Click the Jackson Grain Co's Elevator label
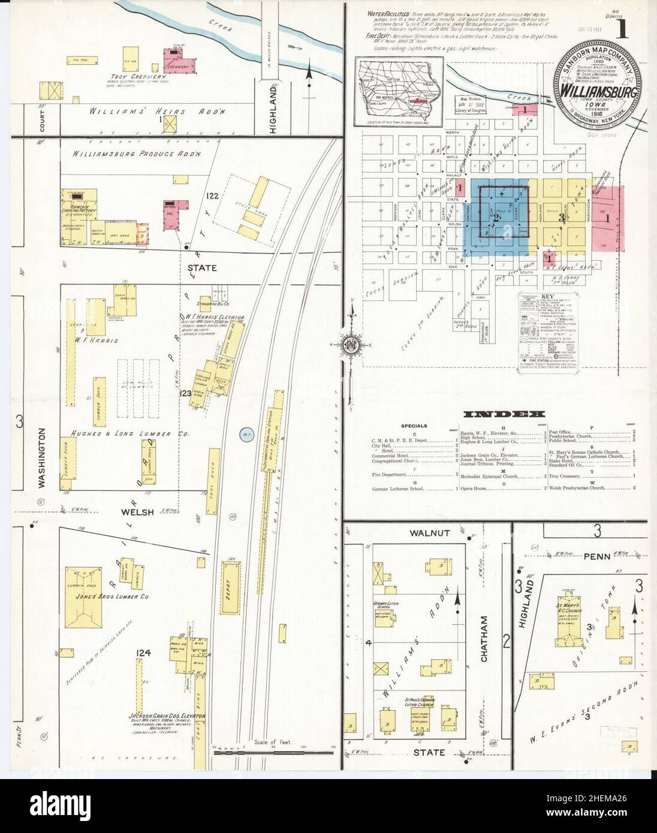click(167, 716)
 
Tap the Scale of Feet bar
click(272, 750)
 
